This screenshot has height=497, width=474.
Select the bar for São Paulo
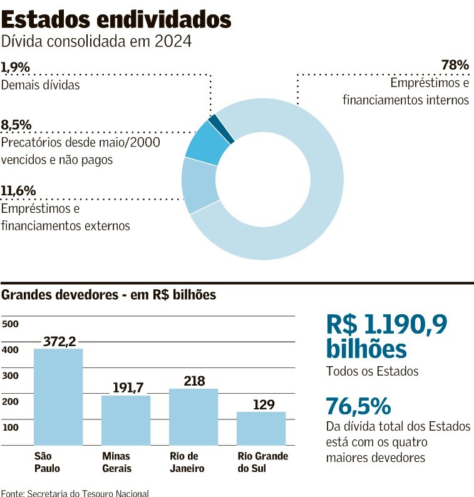[x=58, y=397]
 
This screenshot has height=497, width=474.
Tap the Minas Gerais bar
[x=126, y=420]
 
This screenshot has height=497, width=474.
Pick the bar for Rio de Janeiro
[x=193, y=416]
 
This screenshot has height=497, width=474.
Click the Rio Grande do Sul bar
[x=261, y=428]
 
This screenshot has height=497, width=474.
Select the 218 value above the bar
[x=194, y=381]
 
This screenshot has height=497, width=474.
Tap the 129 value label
[x=264, y=404]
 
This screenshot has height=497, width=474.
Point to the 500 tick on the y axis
[x=11, y=324]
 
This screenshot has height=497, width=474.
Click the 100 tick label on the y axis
[x=11, y=427]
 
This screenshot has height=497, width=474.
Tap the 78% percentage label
[x=455, y=65]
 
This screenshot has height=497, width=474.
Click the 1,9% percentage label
[x=16, y=66]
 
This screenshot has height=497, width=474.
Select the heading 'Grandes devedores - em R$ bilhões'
[x=109, y=295]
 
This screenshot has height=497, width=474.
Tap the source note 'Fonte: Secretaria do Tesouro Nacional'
[x=75, y=493]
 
